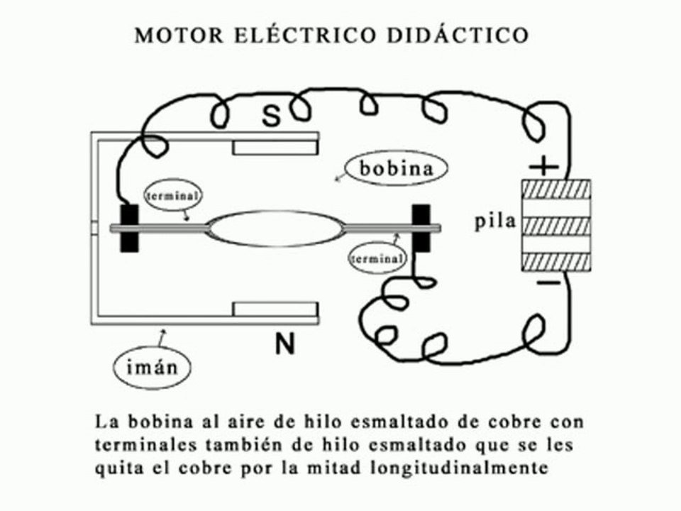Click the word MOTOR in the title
coord(179,35)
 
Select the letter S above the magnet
coord(272,116)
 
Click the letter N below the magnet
coord(285,344)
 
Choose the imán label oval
coord(152,368)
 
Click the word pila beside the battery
coord(495,221)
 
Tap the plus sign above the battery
coord(544,166)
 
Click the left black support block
coord(129,228)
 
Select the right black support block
coord(421,228)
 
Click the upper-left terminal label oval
coord(173,196)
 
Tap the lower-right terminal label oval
coord(377,259)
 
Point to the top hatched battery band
coord(556,189)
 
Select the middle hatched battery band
coord(556,226)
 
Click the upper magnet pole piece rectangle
coord(275,148)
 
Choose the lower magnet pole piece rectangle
coord(275,309)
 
